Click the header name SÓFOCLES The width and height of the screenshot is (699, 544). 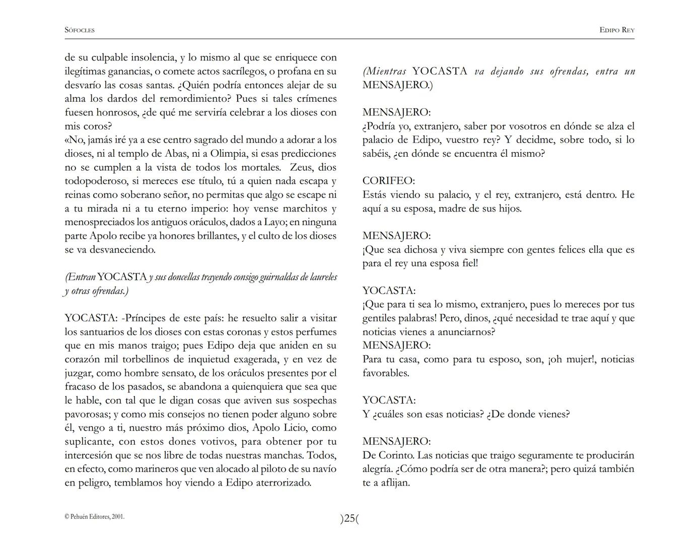80,30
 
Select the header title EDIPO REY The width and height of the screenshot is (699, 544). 616,30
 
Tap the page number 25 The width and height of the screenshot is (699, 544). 349,518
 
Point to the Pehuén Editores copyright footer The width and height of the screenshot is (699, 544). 94,516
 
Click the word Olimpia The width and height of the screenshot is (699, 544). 230,154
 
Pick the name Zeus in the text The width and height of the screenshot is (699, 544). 301,167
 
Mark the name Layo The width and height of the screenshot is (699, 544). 275,222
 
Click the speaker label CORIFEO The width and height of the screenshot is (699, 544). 388,180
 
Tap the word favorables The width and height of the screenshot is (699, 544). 385,373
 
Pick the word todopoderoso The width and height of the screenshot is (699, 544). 96,181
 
